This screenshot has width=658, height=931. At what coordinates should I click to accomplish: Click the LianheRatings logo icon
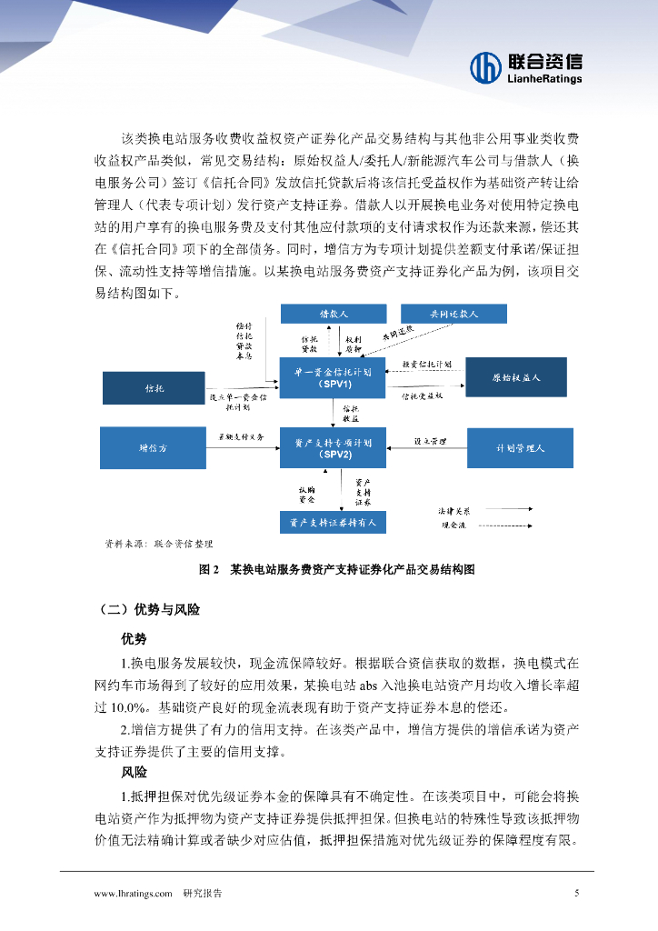pyautogui.click(x=485, y=66)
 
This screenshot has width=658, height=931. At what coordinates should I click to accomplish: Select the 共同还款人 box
pyautogui.click(x=453, y=313)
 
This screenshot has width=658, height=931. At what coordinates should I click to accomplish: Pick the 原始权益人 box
pyautogui.click(x=516, y=376)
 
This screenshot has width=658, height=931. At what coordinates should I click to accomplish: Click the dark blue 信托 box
pyautogui.click(x=155, y=388)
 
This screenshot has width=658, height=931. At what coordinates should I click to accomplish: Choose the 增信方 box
pyautogui.click(x=155, y=447)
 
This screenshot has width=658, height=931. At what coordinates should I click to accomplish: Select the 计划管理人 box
pyautogui.click(x=520, y=448)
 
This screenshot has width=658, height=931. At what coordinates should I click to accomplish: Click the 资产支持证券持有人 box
pyautogui.click(x=333, y=523)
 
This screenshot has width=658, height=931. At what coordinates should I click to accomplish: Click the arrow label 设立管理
pyautogui.click(x=430, y=441)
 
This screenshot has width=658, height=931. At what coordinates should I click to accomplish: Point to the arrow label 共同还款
pyautogui.click(x=398, y=333)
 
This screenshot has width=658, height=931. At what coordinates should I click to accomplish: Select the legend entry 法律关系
pyautogui.click(x=454, y=511)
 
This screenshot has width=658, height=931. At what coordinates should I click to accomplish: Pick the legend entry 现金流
pyautogui.click(x=454, y=525)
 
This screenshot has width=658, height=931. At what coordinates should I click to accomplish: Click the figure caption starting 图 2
pyautogui.click(x=336, y=570)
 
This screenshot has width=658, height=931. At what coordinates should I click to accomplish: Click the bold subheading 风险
pyautogui.click(x=134, y=772)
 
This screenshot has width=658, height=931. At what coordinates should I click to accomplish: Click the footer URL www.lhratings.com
pyautogui.click(x=134, y=894)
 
